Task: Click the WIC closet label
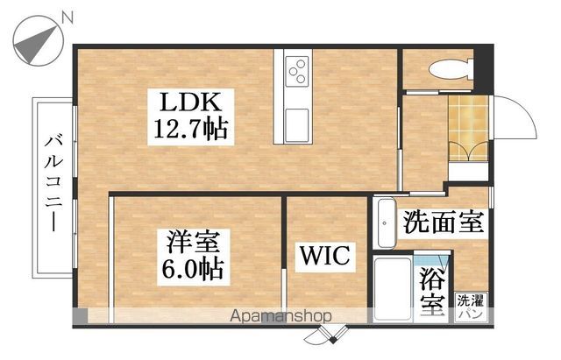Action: [326, 258]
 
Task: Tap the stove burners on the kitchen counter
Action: [296, 67]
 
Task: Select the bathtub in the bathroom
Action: [389, 288]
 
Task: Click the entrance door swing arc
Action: [519, 114]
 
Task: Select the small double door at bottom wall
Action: [334, 334]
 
